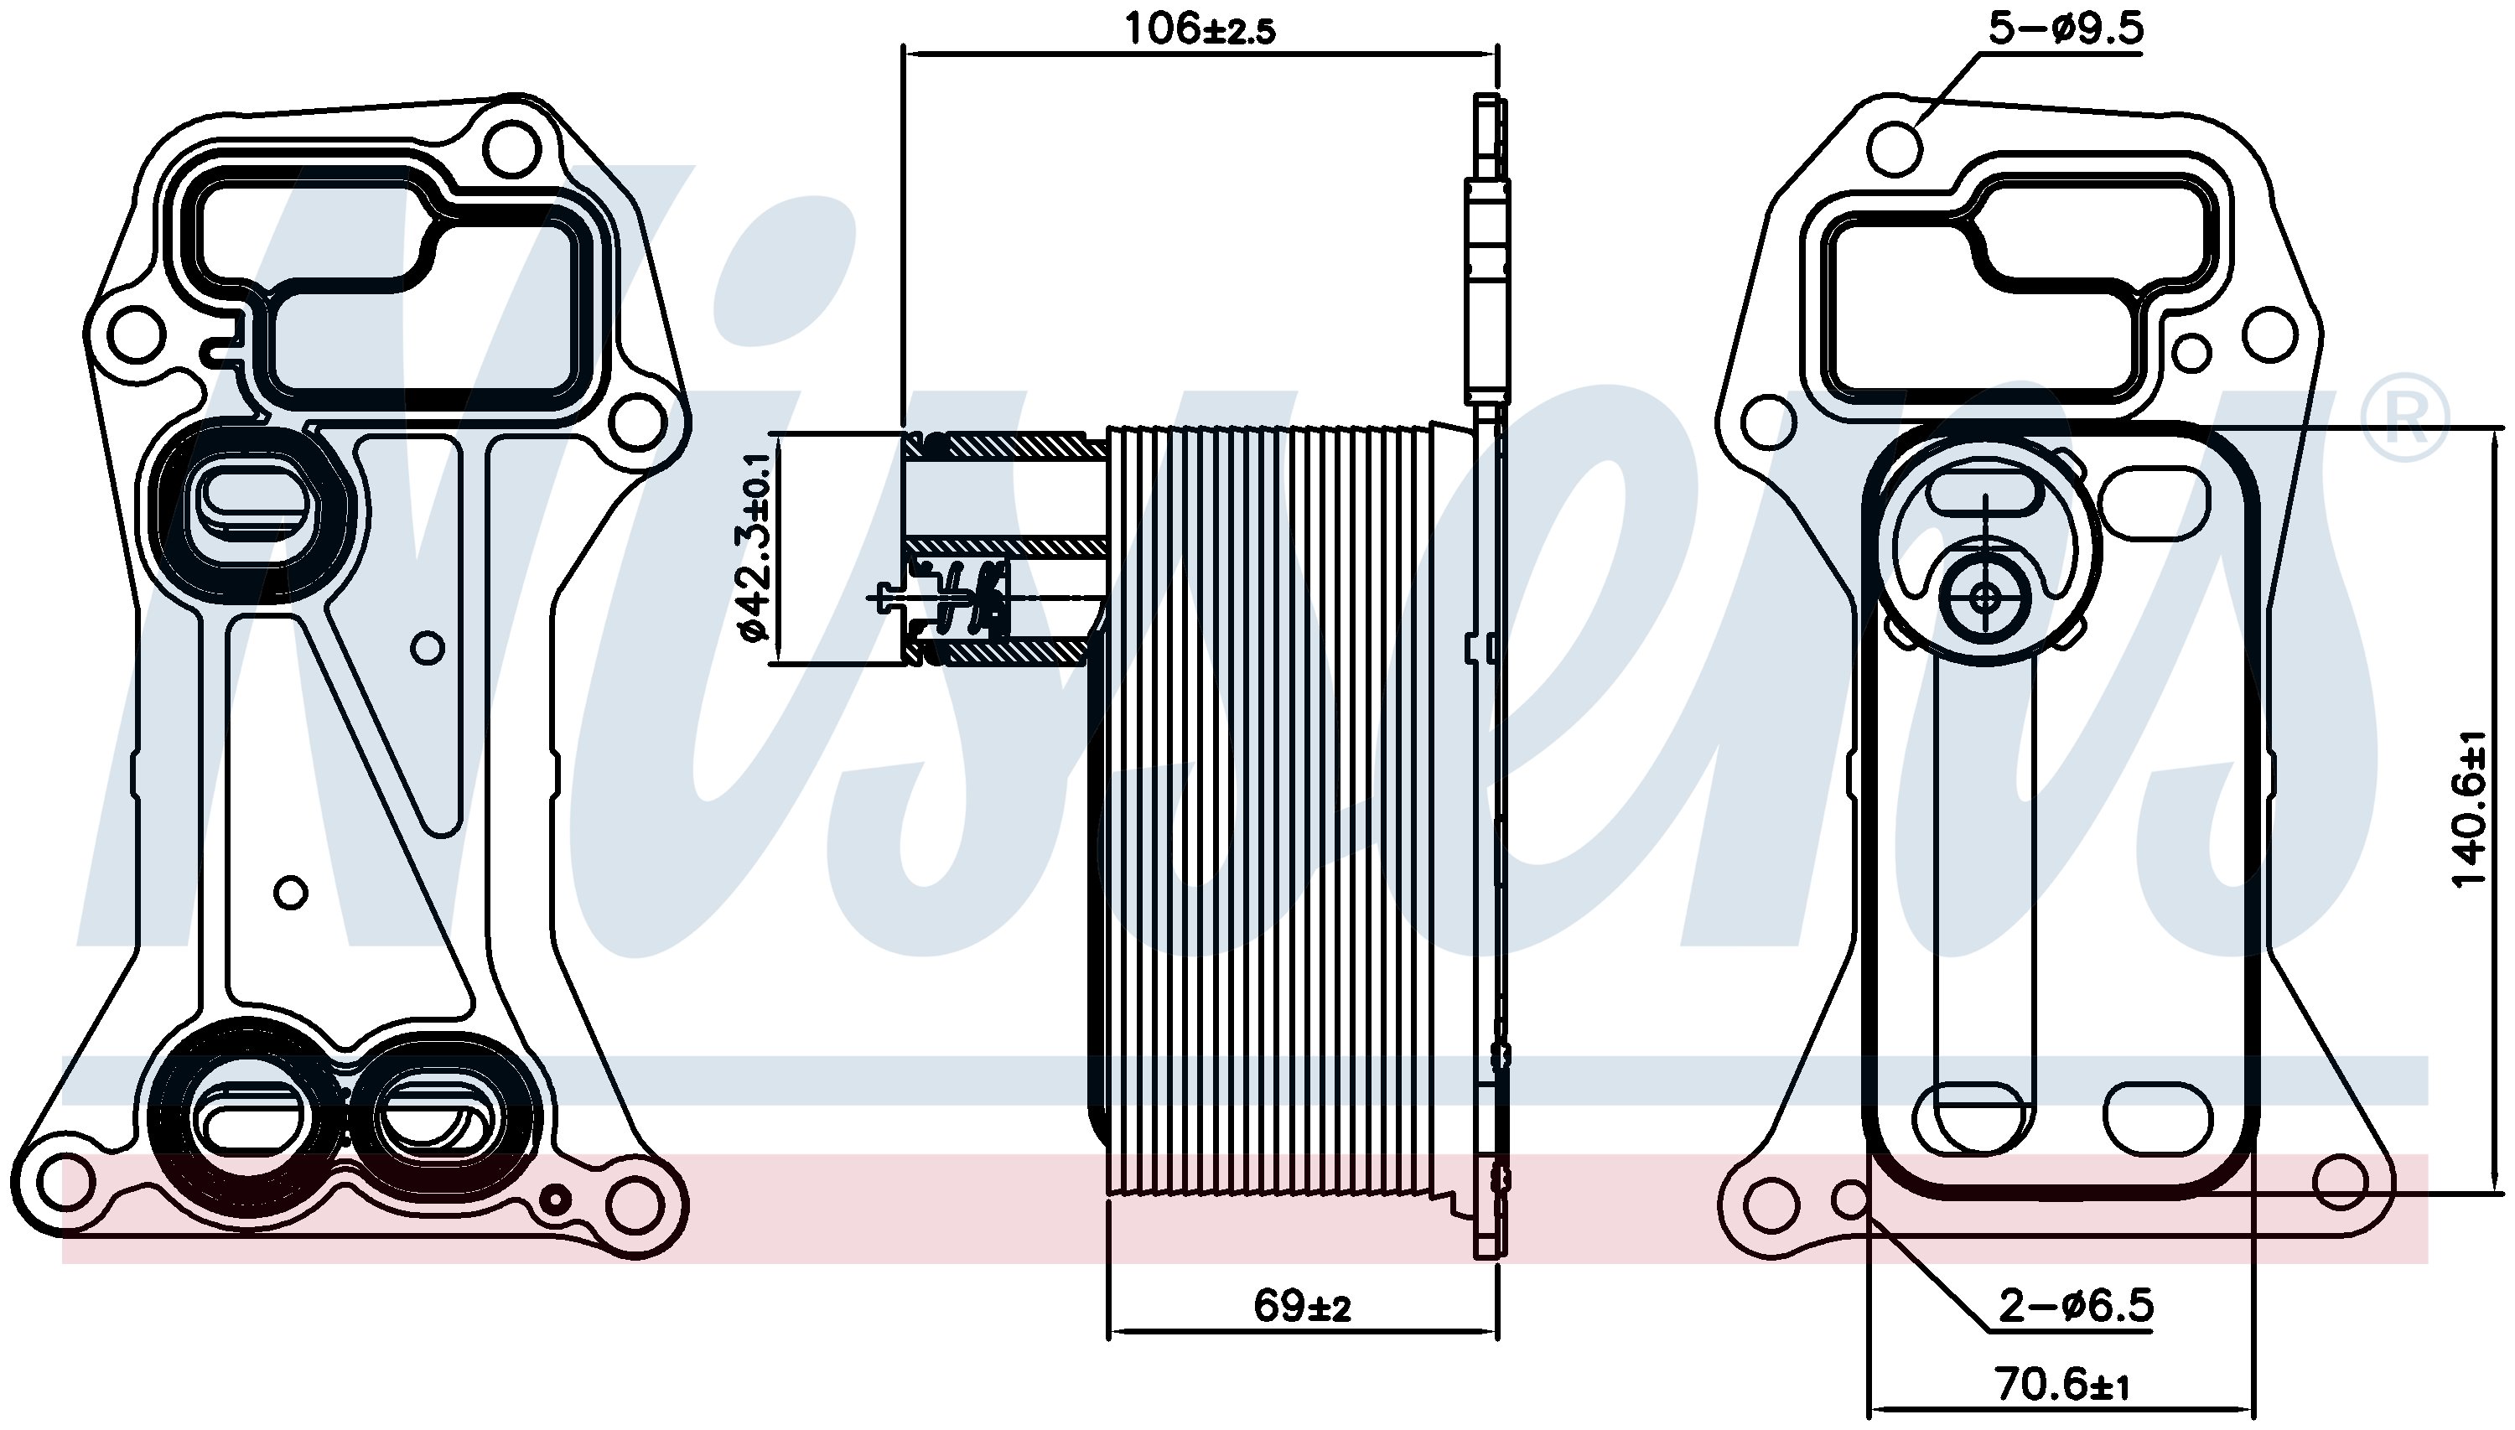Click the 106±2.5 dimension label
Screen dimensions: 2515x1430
coord(1200,28)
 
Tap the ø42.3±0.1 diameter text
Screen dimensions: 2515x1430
coord(757,548)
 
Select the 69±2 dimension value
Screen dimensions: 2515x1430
coord(1302,1305)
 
